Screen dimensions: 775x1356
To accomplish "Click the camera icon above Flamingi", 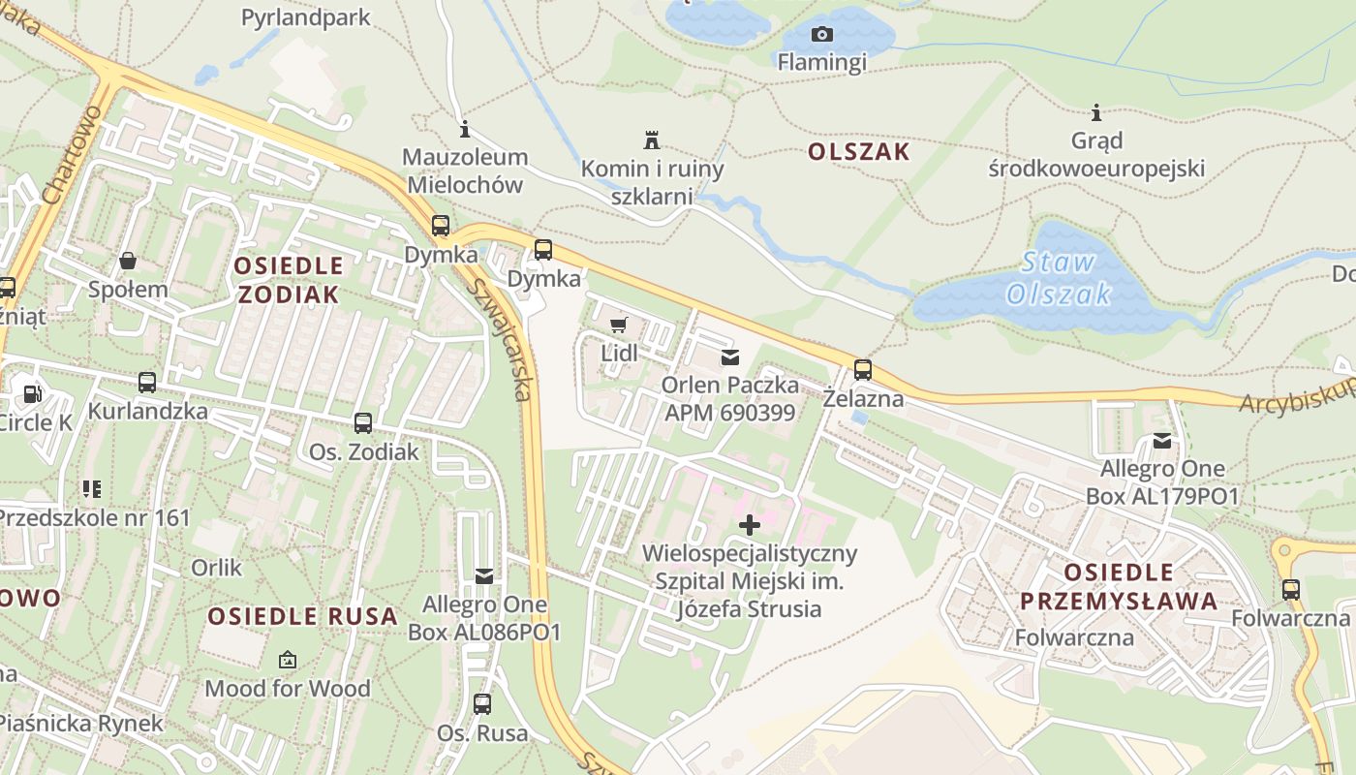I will pos(821,35).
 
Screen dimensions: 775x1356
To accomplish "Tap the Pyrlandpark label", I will pos(306,16).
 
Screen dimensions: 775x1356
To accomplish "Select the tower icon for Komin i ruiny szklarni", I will pos(652,139).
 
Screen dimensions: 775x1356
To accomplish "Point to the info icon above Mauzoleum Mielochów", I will pos(465,129).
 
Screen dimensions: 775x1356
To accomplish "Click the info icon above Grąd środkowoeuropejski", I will pos(1096,112).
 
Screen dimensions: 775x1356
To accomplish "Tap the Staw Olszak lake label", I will pos(1058,277).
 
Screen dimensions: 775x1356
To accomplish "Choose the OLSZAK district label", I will pos(858,151).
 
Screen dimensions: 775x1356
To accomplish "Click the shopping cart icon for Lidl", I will pos(618,325).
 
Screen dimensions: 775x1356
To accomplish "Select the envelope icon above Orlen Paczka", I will pos(730,357).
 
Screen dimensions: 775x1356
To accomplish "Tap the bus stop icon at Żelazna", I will pos(862,369).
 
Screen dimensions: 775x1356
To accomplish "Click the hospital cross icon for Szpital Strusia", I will pos(750,525).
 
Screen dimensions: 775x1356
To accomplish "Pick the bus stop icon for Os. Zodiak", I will pos(363,422).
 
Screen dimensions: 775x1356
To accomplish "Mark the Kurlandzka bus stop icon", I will pos(147,382).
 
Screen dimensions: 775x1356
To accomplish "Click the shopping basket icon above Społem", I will pos(128,261).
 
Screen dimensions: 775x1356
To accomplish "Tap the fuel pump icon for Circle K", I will pos(33,393).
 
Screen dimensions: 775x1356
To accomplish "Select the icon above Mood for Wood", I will pos(288,660).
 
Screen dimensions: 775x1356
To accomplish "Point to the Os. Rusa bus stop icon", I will pos(482,703).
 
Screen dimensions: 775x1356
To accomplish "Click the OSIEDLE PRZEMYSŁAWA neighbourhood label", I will pos(1118,586).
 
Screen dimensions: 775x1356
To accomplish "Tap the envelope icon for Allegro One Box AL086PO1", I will pos(484,576).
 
